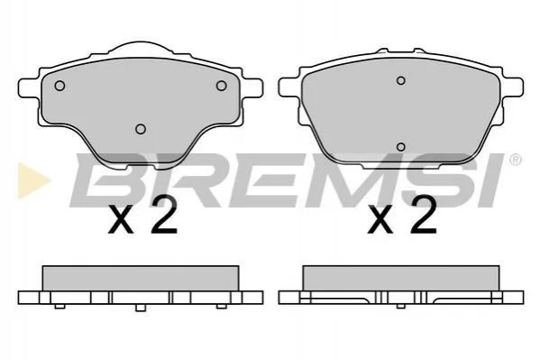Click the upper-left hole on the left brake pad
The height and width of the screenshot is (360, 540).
click(x=59, y=86)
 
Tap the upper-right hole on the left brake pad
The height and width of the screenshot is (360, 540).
click(x=221, y=86)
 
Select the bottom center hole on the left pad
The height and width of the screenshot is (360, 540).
click(x=141, y=129)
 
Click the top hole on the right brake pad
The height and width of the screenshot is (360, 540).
click(x=400, y=80)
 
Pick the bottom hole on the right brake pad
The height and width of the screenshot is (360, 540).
click(x=400, y=147)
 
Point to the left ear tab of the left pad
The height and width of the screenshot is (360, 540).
click(x=28, y=88)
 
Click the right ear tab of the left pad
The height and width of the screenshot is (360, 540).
click(x=253, y=88)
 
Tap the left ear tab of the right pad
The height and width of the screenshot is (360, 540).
click(x=288, y=87)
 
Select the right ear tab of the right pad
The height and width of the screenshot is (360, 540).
click(x=514, y=87)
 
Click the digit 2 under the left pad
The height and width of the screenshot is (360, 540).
click(x=165, y=215)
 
